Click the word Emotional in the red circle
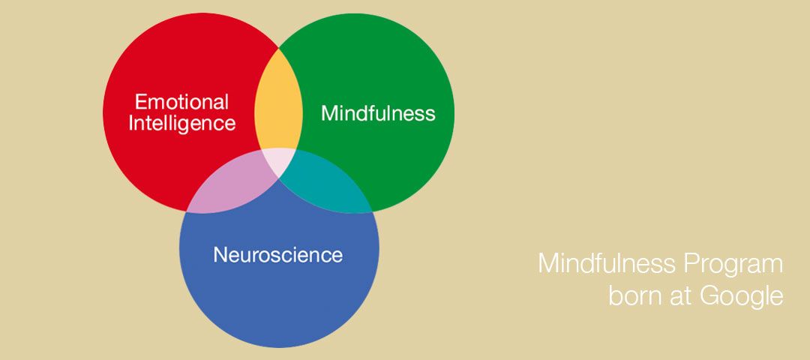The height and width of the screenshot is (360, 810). pos(181,102)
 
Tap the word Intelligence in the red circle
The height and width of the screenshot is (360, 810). pos(181,124)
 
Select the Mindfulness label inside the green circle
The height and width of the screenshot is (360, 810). pos(378,113)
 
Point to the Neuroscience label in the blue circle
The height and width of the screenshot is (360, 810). pos(278,255)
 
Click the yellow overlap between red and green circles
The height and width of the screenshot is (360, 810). pos(278,103)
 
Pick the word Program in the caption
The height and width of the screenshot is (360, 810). pos(733,265)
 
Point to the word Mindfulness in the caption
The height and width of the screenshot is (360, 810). pos(607,263)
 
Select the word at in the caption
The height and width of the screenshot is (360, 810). pos(682,298)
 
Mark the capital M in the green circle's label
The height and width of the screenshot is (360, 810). pos(329,113)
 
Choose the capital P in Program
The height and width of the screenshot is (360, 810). pos(691,264)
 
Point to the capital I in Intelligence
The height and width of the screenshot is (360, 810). pos(130,124)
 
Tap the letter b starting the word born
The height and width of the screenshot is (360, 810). pos(616,296)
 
